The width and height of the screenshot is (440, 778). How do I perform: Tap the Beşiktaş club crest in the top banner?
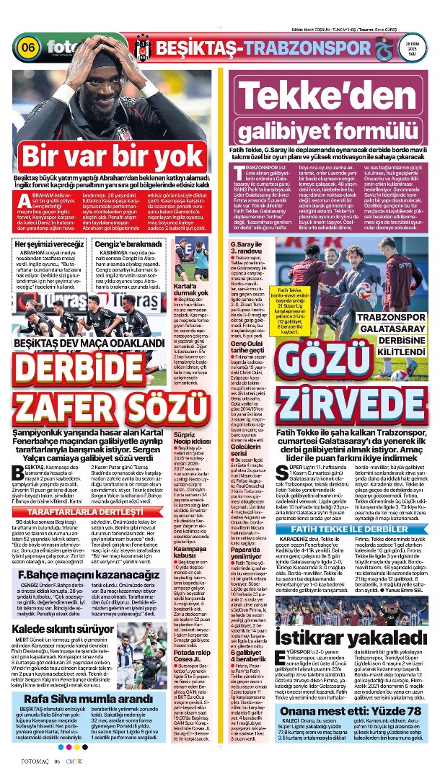tap(141, 47)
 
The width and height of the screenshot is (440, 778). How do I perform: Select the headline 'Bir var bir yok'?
tap(111, 156)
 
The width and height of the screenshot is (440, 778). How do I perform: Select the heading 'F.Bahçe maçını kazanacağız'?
tap(84, 575)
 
